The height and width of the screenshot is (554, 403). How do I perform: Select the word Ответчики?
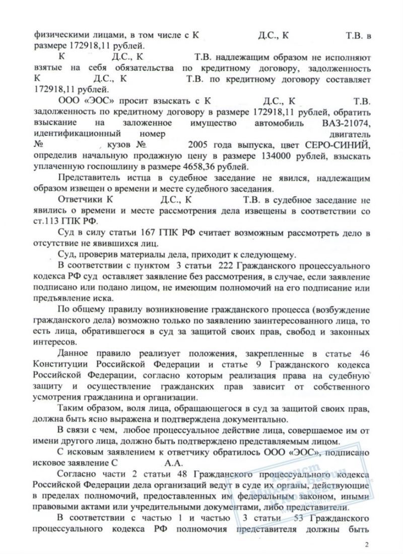click(81, 200)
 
